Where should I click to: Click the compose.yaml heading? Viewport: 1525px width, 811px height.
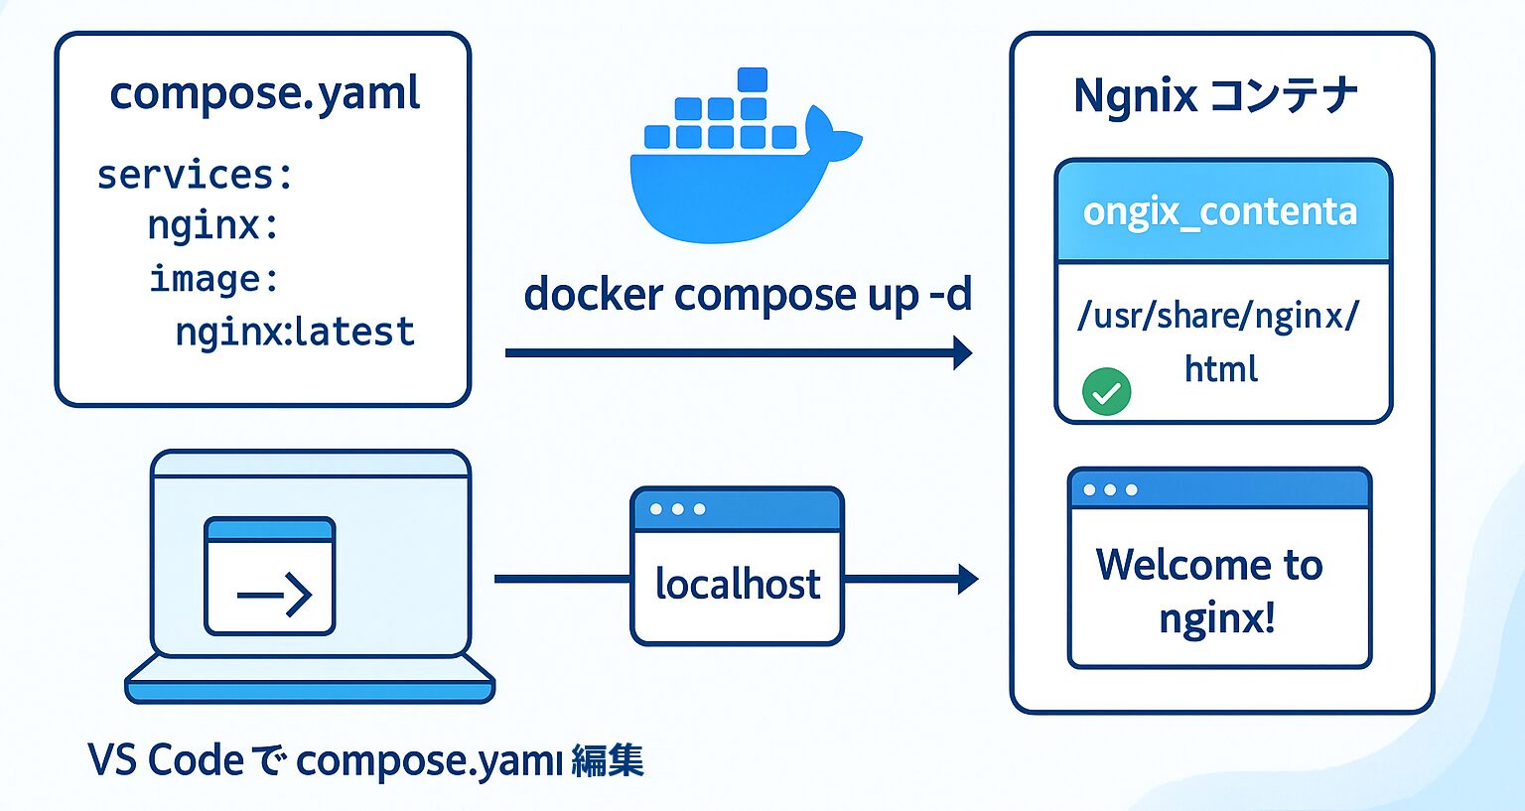[x=264, y=94]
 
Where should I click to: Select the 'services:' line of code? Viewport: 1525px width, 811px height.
[x=195, y=175]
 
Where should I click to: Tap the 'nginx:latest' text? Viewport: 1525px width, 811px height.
[x=295, y=332]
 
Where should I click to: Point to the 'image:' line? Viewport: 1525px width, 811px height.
[x=214, y=279]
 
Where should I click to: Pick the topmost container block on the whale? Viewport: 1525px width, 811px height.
[x=753, y=79]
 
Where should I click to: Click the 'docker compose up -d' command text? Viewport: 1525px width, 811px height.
[x=748, y=295]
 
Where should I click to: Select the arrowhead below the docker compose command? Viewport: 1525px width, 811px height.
[x=962, y=352]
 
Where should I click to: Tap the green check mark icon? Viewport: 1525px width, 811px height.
[x=1106, y=392]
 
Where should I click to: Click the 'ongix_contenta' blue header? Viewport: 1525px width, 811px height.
[x=1221, y=211]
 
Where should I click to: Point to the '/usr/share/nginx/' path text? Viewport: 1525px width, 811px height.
[x=1218, y=316]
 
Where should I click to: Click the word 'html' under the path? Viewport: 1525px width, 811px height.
[x=1221, y=369]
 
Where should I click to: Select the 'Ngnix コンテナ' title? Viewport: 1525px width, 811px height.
[x=1215, y=96]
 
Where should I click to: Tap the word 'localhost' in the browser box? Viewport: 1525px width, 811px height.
[x=737, y=585]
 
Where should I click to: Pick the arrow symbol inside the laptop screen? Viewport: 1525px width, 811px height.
[x=275, y=594]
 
